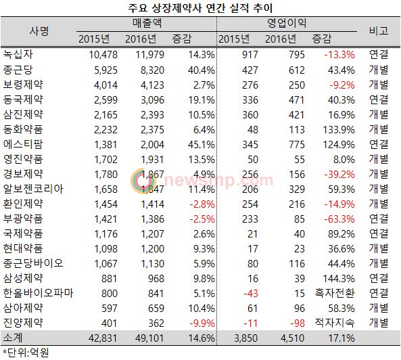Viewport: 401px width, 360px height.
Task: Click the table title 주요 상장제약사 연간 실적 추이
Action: pyautogui.click(x=200, y=8)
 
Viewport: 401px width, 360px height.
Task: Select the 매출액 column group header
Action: pyautogui.click(x=147, y=23)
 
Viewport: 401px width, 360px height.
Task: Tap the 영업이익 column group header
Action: pyautogui.click(x=287, y=23)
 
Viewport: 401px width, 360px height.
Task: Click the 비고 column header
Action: pyautogui.click(x=379, y=31)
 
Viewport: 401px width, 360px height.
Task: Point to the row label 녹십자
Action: pyautogui.click(x=18, y=54)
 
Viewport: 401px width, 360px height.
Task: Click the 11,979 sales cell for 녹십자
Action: pyautogui.click(x=149, y=55)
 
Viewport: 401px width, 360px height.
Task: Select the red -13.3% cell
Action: pyautogui.click(x=339, y=55)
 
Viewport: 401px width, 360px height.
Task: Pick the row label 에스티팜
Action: pyautogui.click(x=23, y=144)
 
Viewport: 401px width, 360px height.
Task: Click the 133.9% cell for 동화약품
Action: pyautogui.click(x=339, y=130)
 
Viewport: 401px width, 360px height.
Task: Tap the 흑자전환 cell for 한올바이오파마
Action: pyautogui.click(x=335, y=293)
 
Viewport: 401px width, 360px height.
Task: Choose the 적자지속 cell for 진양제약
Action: pyautogui.click(x=335, y=323)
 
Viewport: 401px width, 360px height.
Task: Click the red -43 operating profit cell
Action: pyautogui.click(x=251, y=294)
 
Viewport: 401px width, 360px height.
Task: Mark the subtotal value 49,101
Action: pyautogui.click(x=149, y=338)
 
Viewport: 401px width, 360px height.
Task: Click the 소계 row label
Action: pyautogui.click(x=13, y=338)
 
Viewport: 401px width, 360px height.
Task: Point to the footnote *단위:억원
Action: pyautogui.click(x=26, y=353)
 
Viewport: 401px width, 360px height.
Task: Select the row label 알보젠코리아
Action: pyautogui.click(x=33, y=189)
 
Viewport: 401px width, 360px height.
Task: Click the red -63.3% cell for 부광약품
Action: pyautogui.click(x=339, y=219)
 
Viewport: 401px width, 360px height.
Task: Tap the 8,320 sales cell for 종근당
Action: pyautogui.click(x=152, y=70)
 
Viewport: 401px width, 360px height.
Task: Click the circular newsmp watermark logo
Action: pyautogui.click(x=143, y=181)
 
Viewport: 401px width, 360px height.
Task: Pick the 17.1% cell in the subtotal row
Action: pyautogui.click(x=341, y=338)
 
